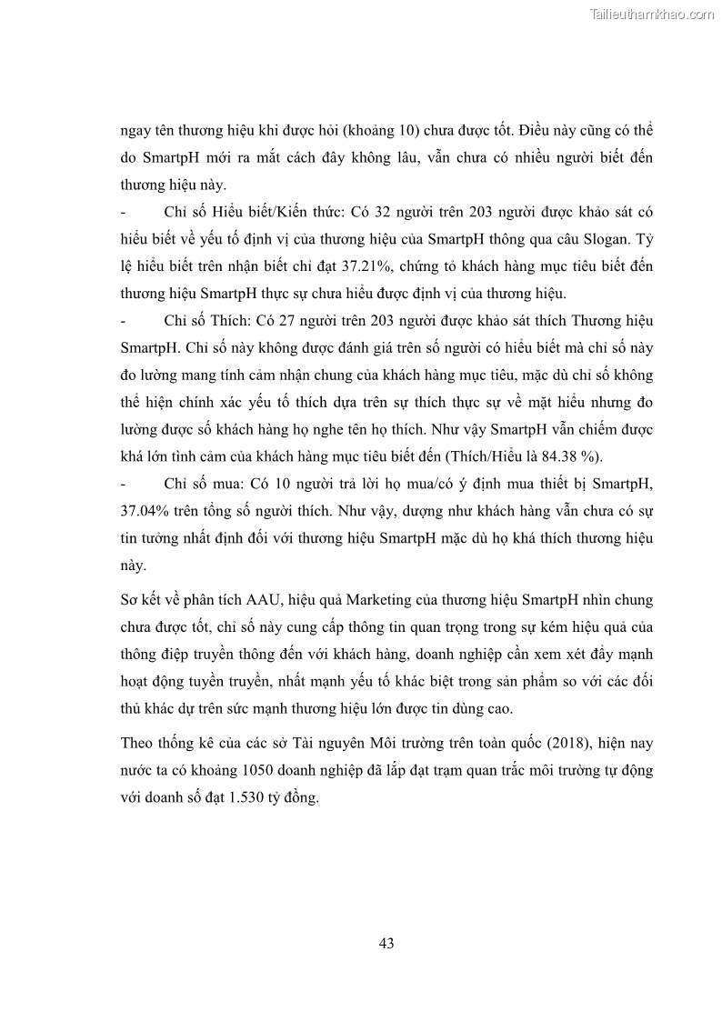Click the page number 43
386,943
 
